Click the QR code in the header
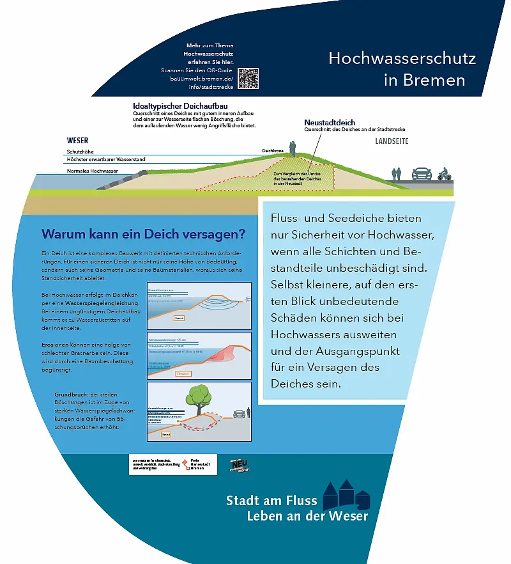click(x=248, y=78)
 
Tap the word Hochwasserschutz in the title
click(x=402, y=59)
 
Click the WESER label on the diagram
click(x=77, y=141)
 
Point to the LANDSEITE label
click(x=391, y=141)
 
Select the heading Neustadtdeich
click(x=330, y=123)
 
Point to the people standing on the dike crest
click(x=293, y=149)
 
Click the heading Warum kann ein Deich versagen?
click(x=143, y=233)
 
